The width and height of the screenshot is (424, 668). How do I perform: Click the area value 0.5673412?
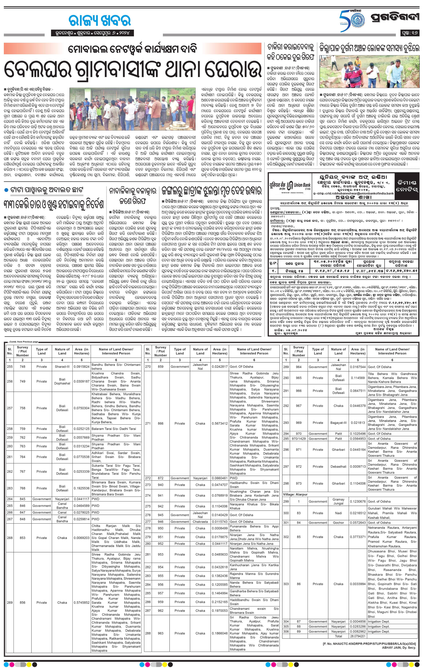[220, 423]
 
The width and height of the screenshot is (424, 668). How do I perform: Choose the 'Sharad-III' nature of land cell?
[62, 366]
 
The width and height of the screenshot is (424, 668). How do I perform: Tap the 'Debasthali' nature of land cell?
[338, 466]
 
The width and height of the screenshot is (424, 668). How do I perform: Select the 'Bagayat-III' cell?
[338, 422]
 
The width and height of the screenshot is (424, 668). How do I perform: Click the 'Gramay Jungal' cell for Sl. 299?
[338, 501]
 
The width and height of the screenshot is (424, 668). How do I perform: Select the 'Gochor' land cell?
[338, 523]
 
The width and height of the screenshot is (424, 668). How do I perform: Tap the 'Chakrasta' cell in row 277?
[200, 522]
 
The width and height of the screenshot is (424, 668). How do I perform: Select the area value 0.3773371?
[357, 537]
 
